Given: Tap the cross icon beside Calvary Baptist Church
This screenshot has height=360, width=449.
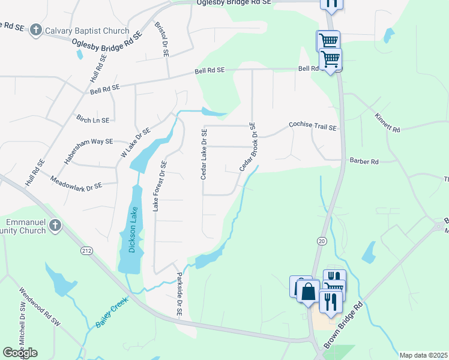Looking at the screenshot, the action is pyautogui.click(x=36, y=30).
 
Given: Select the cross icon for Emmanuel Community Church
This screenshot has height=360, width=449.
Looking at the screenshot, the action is pyautogui.click(x=55, y=226).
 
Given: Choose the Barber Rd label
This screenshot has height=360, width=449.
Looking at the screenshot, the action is pyautogui.click(x=364, y=161).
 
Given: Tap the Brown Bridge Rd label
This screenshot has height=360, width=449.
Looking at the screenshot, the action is pyautogui.click(x=344, y=326).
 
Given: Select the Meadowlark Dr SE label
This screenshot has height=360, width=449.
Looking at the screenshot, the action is pyautogui.click(x=76, y=183).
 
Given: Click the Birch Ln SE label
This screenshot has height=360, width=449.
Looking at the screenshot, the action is pyautogui.click(x=93, y=119).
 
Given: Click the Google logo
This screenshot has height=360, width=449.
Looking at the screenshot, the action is pyautogui.click(x=20, y=353).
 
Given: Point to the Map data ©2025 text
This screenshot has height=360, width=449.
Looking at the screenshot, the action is pyautogui.click(x=423, y=355).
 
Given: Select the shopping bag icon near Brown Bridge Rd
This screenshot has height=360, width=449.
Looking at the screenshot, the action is pyautogui.click(x=308, y=292).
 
